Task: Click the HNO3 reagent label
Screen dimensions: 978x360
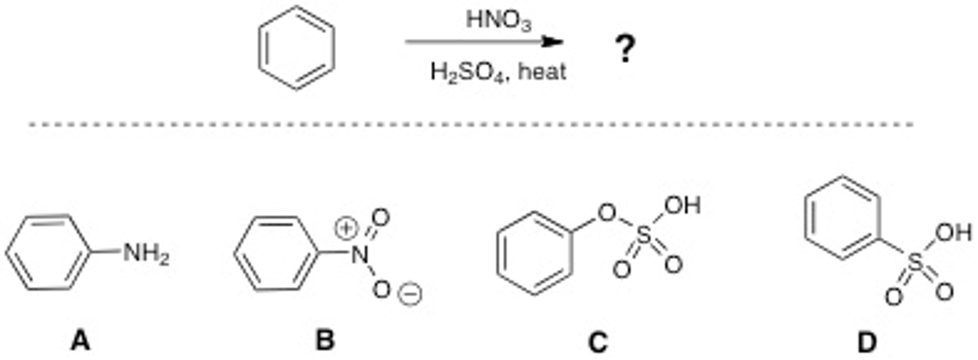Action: (499, 21)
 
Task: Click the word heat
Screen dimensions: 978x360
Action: (542, 72)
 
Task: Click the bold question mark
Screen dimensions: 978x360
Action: (625, 48)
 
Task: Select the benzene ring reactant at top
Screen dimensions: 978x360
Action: (296, 48)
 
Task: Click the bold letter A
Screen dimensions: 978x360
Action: (80, 341)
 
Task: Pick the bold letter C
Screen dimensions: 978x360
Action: (598, 342)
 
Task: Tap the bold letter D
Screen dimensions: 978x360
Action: (867, 342)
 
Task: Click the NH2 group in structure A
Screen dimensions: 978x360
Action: (146, 253)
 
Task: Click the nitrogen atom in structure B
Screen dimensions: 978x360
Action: (359, 254)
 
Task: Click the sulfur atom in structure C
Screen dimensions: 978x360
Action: (644, 235)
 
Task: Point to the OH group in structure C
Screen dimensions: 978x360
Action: (682, 206)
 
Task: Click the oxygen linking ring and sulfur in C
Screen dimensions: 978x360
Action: (607, 213)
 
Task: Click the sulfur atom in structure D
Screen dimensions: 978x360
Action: (915, 262)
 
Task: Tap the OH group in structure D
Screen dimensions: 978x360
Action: (953, 233)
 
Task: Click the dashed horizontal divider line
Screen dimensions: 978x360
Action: (471, 125)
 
